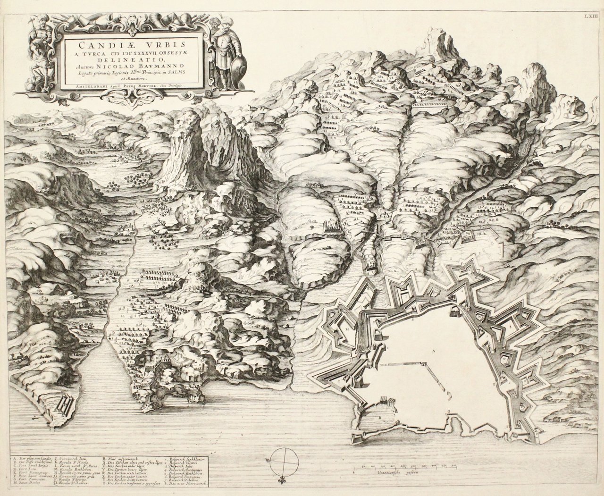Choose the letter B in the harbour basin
[379, 417]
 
